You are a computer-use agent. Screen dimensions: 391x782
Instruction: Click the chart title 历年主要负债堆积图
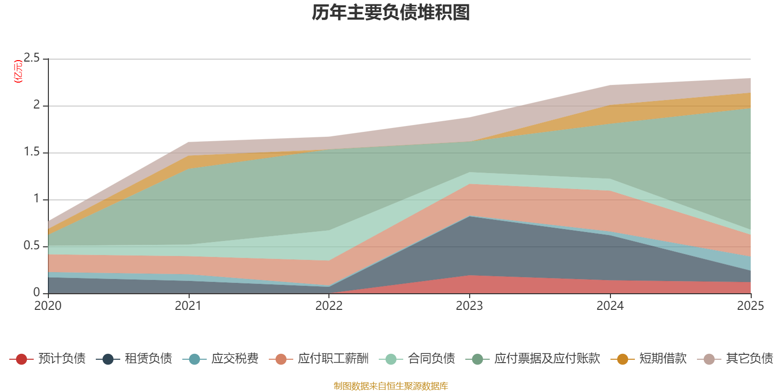pyautogui.click(x=391, y=13)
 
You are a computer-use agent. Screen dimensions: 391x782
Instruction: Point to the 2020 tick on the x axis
pyautogui.click(x=48, y=306)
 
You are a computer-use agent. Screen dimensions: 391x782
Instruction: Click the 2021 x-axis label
pyautogui.click(x=188, y=306)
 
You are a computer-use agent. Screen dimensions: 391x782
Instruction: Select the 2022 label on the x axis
pyautogui.click(x=329, y=306)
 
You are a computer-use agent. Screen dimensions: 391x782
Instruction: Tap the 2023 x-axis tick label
pyautogui.click(x=469, y=306)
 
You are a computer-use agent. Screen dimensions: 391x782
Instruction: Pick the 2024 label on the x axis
pyautogui.click(x=610, y=306)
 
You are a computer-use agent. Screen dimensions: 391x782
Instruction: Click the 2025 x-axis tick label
pyautogui.click(x=750, y=306)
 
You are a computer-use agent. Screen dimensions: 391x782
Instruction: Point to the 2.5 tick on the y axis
pyautogui.click(x=32, y=58)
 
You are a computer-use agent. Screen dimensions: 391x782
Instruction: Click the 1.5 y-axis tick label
pyautogui.click(x=32, y=152)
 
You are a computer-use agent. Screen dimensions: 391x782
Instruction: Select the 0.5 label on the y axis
pyautogui.click(x=32, y=246)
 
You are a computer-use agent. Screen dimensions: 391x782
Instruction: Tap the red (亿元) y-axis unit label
pyautogui.click(x=19, y=71)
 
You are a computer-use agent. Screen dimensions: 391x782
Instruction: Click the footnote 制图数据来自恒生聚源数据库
pyautogui.click(x=391, y=386)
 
